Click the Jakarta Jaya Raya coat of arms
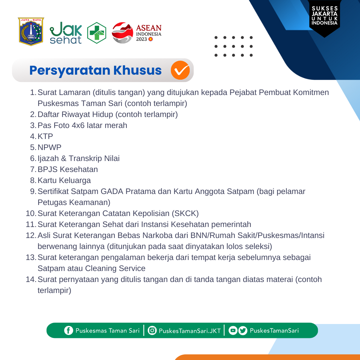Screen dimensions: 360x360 (31, 32)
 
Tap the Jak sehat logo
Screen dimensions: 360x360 (66, 33)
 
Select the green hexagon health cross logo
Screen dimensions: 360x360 (97, 33)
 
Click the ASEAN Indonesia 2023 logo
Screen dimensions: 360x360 (137, 33)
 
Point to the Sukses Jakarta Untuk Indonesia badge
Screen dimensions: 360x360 (325, 17)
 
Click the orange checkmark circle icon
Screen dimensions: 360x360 (180, 70)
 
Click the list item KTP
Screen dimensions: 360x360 (45, 136)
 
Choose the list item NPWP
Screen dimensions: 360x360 (50, 147)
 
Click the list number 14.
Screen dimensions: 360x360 (31, 279)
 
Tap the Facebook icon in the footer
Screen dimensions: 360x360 (69, 331)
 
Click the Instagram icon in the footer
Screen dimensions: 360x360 (152, 331)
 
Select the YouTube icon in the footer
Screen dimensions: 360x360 (233, 331)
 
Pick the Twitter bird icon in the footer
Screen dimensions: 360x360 (243, 331)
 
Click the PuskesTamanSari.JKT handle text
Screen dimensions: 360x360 (190, 331)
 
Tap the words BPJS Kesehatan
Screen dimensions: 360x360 (68, 169)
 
